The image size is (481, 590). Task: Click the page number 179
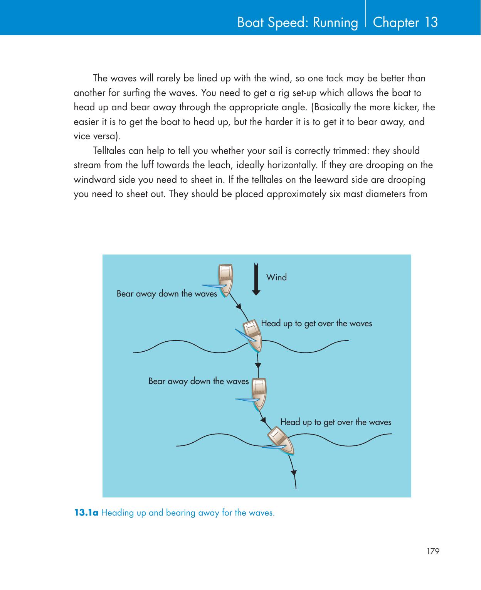click(433, 551)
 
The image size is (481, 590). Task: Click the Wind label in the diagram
click(276, 277)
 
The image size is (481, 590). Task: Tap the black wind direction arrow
click(256, 279)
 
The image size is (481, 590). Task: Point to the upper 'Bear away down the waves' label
click(166, 294)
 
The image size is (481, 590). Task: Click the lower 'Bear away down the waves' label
click(198, 381)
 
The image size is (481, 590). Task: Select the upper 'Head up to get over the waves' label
click(316, 323)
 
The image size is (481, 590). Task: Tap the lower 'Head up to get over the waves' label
click(335, 422)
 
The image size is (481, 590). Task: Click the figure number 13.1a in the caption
click(86, 513)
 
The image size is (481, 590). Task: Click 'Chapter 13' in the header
click(405, 22)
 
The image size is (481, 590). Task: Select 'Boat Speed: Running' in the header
click(298, 23)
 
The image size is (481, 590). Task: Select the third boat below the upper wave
click(259, 393)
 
